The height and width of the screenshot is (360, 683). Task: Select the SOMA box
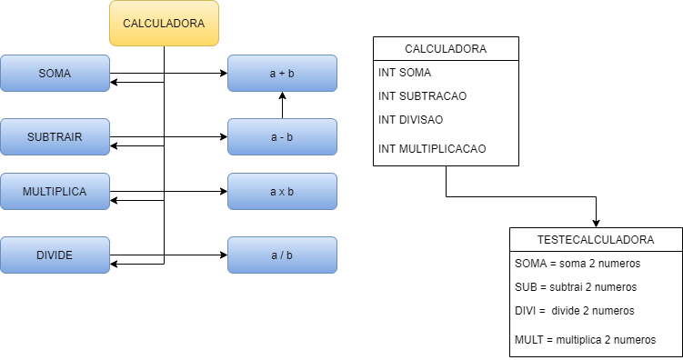55,73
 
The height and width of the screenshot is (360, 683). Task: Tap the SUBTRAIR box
55,136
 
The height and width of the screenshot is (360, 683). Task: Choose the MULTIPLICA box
55,191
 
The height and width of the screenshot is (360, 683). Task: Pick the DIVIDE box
55,255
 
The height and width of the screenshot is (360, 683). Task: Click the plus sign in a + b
282,74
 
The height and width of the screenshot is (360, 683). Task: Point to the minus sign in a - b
282,137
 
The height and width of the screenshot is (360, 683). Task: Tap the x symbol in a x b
282,192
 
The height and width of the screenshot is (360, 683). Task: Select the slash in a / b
282,255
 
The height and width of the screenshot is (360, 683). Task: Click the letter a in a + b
273,74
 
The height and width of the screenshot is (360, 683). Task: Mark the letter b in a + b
291,74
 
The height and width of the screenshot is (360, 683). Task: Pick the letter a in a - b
274,137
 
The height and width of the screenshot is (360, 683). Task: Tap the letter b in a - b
290,137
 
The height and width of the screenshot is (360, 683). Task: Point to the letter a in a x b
273,192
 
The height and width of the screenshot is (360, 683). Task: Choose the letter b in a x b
291,192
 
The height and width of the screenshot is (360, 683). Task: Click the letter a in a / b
274,255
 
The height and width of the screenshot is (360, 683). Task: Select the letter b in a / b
290,255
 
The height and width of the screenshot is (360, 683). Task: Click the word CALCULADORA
164,23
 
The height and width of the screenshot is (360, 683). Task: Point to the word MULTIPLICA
55,192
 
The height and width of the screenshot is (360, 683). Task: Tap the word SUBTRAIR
55,137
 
